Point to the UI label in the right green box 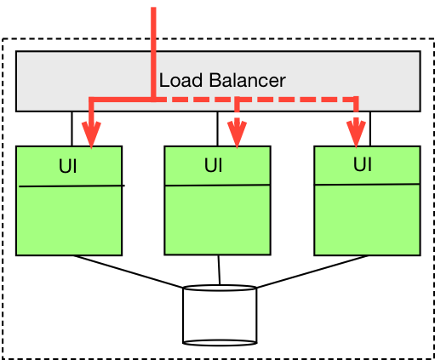[363, 164]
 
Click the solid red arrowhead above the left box [90, 134]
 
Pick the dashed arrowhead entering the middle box [237, 134]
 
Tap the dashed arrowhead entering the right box [355, 134]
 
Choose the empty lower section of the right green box [367, 219]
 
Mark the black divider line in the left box [69, 186]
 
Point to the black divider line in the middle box [217, 185]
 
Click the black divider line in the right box [367, 184]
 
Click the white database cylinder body [220, 318]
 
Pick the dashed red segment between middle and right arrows [296, 100]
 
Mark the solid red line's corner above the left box [91, 101]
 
